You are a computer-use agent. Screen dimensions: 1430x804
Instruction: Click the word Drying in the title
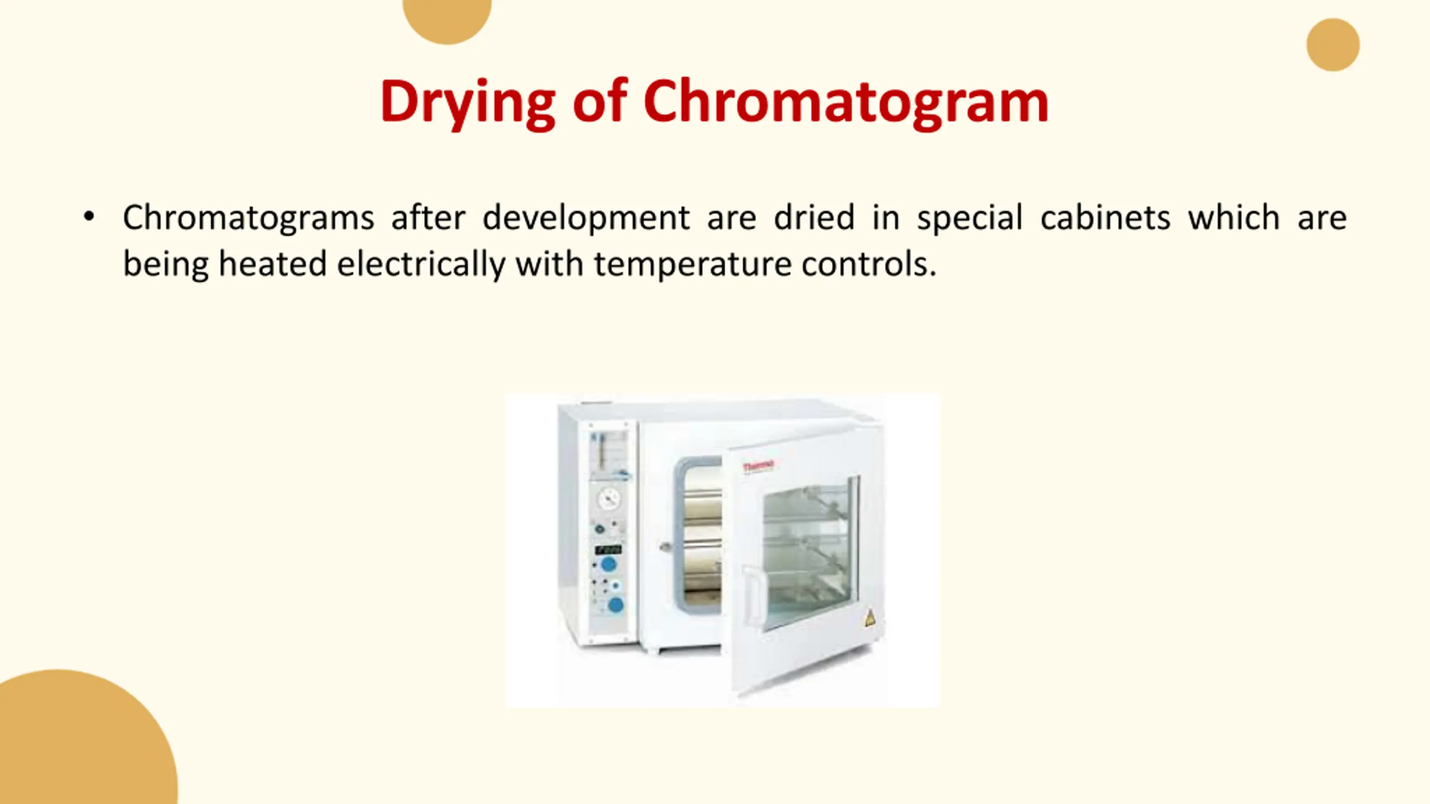pos(468,103)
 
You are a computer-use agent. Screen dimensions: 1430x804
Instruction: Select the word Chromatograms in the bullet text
pos(248,218)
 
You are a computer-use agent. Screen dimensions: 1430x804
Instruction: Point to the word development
pos(586,218)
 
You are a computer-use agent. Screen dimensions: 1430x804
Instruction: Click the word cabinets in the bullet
pos(1105,217)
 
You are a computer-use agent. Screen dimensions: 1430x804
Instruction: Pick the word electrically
pos(421,264)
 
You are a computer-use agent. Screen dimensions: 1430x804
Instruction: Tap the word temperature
pos(693,265)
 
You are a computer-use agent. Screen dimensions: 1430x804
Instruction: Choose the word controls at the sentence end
pos(869,264)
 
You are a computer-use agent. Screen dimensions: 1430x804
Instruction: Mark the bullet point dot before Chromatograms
pos(89,217)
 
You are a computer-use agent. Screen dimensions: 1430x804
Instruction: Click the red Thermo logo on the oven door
pos(759,466)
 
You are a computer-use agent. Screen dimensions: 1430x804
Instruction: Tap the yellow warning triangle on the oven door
pos(869,619)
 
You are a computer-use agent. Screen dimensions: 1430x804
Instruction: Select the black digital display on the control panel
pos(608,549)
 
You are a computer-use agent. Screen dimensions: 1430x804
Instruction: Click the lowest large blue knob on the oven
pos(615,605)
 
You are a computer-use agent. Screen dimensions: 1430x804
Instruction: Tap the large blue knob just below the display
pos(608,564)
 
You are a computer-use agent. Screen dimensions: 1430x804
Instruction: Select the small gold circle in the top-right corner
pos(1333,45)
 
